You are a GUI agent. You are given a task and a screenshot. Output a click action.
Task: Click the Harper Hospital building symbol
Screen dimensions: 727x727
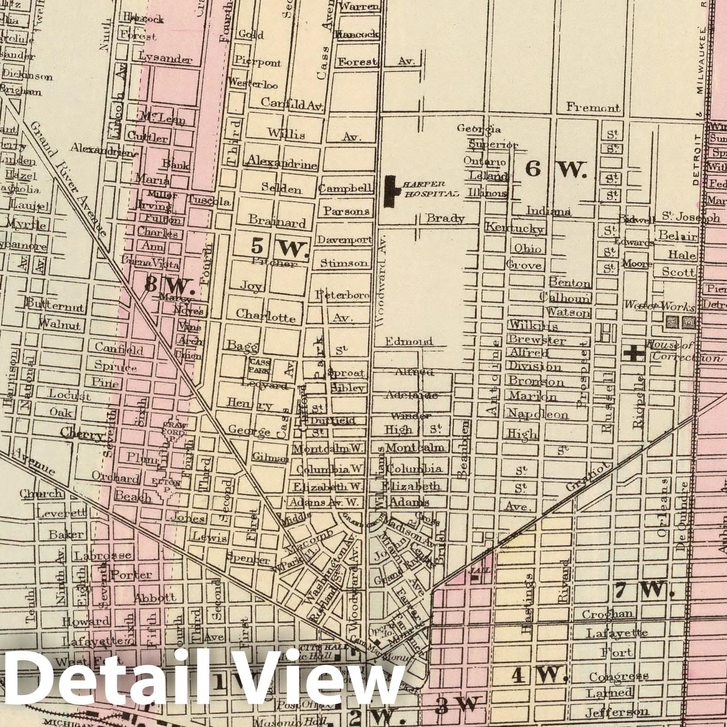click(389, 192)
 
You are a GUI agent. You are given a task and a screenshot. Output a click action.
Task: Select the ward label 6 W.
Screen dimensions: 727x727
click(556, 169)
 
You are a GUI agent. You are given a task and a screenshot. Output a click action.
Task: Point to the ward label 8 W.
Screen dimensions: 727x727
click(169, 285)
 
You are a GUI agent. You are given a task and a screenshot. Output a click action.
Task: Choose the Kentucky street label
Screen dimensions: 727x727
click(514, 228)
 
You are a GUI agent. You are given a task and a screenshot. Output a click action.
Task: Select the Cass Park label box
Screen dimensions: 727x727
click(259, 366)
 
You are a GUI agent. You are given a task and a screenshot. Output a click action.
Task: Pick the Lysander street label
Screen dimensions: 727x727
click(166, 59)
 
